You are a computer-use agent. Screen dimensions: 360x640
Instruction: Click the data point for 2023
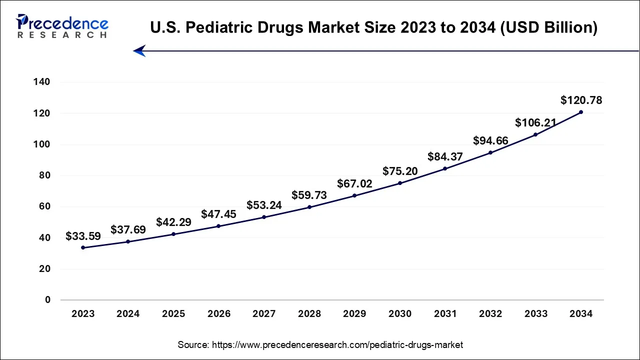coord(83,247)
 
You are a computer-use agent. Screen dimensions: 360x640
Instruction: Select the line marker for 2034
coord(580,112)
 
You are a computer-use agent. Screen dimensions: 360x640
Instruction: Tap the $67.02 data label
coord(354,183)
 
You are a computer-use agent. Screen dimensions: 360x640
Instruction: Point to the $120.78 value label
coord(581,100)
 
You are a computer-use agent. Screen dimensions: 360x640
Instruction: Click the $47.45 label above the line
coord(218,214)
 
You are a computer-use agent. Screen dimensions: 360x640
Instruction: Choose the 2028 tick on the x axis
coord(309,314)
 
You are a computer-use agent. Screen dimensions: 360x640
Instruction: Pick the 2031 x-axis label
coord(445,314)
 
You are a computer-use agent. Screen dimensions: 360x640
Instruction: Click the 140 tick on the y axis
coord(42,82)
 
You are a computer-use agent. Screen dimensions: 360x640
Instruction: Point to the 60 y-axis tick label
coord(45,206)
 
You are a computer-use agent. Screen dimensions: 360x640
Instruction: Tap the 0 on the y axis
coord(48,300)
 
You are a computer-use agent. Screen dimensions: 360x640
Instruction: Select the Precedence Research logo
coord(62,26)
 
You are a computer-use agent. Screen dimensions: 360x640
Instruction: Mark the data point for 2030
coord(400,183)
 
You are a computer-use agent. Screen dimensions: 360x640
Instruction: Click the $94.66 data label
coord(490,140)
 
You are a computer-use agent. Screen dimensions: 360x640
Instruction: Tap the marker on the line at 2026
coord(218,226)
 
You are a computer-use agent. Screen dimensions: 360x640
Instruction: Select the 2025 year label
coord(173,314)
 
